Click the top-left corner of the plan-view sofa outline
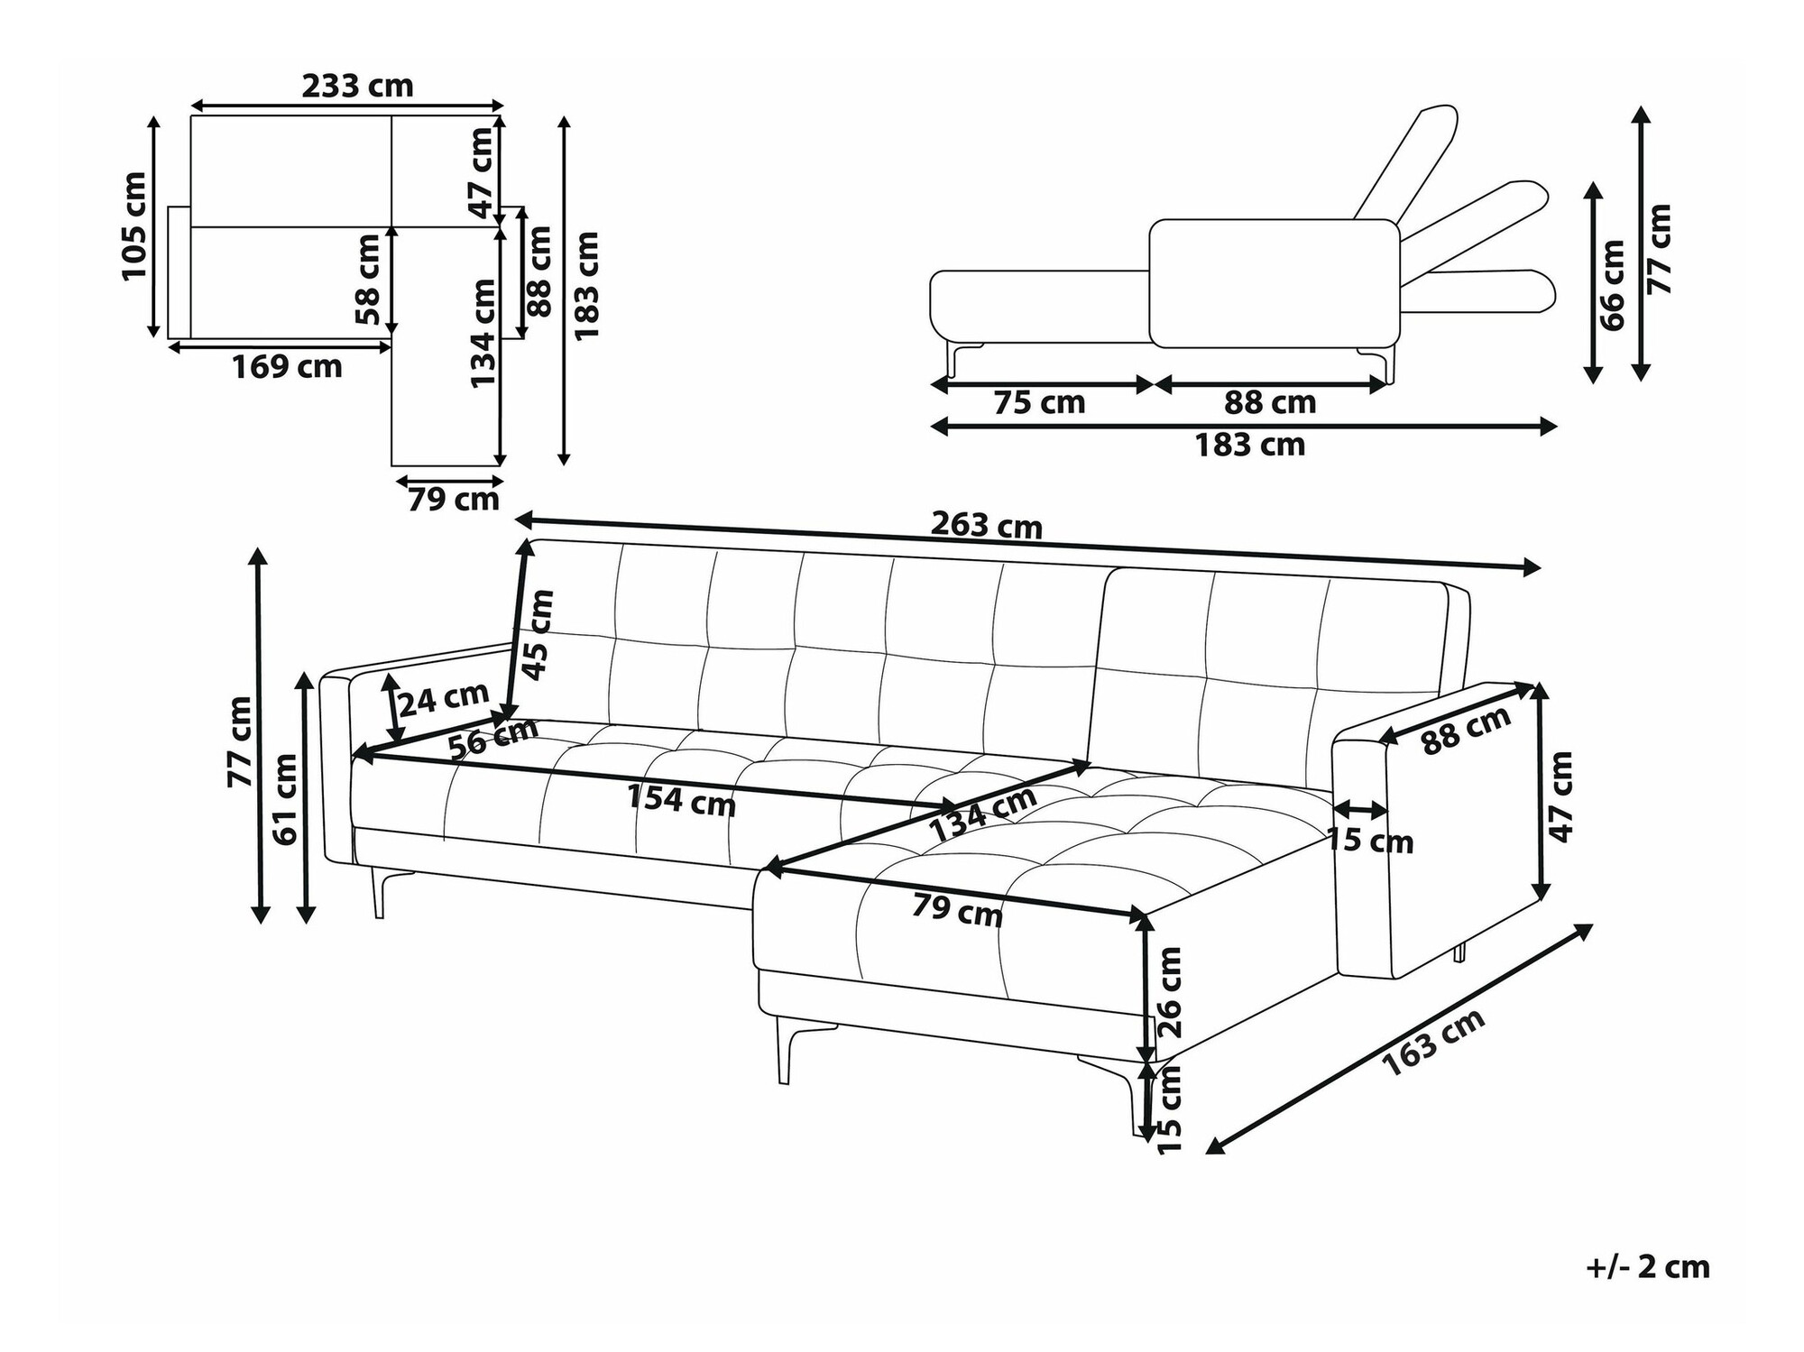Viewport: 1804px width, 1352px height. tap(190, 115)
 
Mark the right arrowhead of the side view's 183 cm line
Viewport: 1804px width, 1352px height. tap(1557, 426)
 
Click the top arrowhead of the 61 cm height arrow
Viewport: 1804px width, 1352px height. tap(307, 672)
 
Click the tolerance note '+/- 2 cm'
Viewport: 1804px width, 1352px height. tap(1648, 1266)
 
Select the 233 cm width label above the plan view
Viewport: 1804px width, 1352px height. tap(357, 86)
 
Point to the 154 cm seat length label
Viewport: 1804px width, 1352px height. tap(681, 799)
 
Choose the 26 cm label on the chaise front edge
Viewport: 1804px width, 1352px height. tap(1168, 992)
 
